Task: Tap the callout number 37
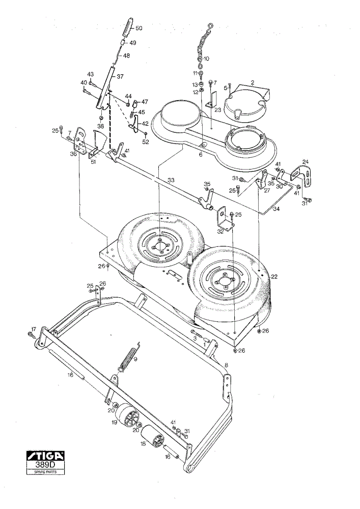120,77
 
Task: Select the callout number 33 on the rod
171,180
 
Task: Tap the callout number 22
274,276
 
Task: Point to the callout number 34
276,209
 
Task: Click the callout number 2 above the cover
252,82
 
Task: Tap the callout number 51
93,162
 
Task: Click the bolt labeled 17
31,334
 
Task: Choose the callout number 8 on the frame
226,365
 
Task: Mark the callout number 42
145,124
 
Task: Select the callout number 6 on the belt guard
201,155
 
